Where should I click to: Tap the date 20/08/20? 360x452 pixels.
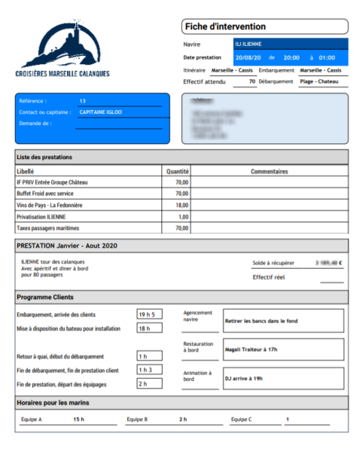(x=248, y=57)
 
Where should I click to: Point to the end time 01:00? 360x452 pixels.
(x=327, y=57)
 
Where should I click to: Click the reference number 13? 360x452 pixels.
(x=82, y=100)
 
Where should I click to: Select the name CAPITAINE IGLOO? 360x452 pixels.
(x=100, y=111)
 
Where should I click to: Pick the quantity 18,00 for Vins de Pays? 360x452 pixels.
(x=182, y=205)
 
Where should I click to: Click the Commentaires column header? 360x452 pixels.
(x=269, y=171)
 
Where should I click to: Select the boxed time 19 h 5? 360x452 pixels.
(x=146, y=314)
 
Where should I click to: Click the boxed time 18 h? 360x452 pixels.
(x=143, y=328)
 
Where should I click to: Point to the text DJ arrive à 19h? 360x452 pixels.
(x=245, y=378)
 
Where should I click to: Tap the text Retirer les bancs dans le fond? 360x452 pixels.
(x=261, y=320)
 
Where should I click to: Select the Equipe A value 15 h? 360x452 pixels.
(x=78, y=419)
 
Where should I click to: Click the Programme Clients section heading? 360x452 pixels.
(x=45, y=297)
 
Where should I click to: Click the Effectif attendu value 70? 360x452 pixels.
(x=252, y=81)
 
